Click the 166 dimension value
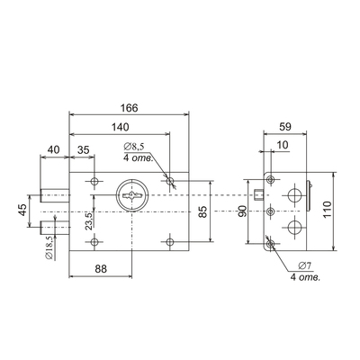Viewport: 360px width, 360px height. tap(129, 108)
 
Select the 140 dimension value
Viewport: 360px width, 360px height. tap(120, 127)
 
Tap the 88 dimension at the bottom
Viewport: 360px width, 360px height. tap(101, 269)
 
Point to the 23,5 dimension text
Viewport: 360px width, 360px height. tap(89, 221)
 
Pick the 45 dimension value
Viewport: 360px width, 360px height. tap(22, 211)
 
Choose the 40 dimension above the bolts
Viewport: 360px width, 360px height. tap(54, 149)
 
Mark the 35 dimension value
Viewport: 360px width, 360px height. tap(83, 149)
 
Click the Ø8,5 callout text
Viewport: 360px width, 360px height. tap(134, 147)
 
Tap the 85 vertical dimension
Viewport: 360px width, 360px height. tap(203, 211)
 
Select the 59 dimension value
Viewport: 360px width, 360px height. tap(285, 127)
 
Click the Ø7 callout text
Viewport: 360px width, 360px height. tap(305, 265)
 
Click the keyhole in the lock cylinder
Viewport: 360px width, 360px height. tap(130, 195)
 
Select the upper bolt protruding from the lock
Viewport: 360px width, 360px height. tap(55, 195)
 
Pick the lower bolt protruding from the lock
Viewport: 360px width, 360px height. tap(55, 228)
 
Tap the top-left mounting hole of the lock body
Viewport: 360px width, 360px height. tap(94, 181)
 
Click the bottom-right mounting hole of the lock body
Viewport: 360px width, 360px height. tap(170, 242)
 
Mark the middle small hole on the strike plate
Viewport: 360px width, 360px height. tap(271, 211)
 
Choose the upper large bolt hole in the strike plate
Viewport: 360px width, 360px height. tap(294, 195)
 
